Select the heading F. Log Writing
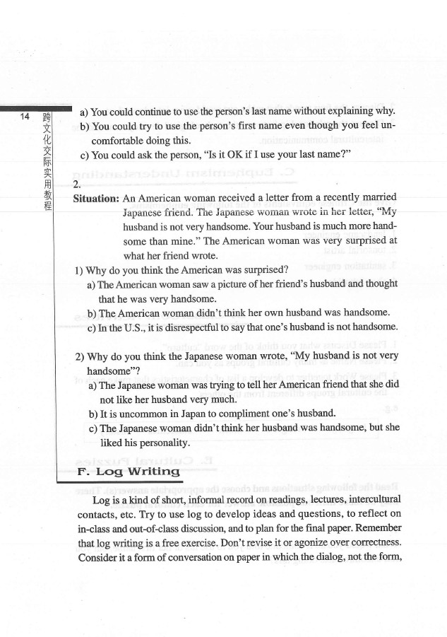pyautogui.click(x=128, y=471)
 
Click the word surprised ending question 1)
pyautogui.click(x=262, y=269)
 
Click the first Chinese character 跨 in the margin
pyautogui.click(x=47, y=117)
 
